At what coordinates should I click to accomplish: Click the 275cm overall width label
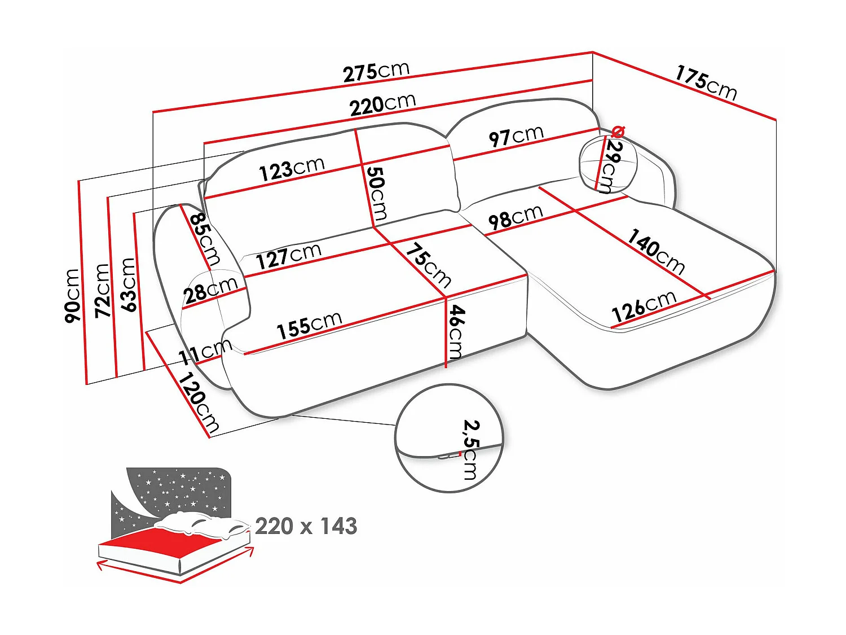click(376, 72)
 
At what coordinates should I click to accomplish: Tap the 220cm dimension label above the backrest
click(382, 104)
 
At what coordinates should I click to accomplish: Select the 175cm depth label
click(706, 82)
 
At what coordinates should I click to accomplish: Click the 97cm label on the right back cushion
click(516, 136)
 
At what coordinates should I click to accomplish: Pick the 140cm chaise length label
click(656, 251)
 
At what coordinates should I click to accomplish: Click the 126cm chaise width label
click(644, 307)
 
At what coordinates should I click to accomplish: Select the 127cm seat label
click(289, 257)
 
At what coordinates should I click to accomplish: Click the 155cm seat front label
click(309, 325)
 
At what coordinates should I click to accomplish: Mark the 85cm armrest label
click(204, 239)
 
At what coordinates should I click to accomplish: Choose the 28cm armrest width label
click(210, 291)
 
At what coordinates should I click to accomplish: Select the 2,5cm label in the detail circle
click(470, 449)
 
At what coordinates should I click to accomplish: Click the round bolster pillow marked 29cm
click(608, 163)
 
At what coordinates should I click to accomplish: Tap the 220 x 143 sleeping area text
click(306, 526)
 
